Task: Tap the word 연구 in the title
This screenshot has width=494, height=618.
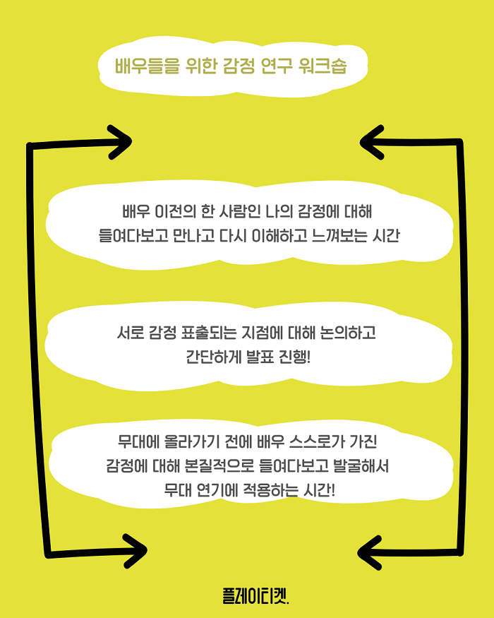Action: coord(276,66)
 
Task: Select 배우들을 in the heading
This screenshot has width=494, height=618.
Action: coord(147,66)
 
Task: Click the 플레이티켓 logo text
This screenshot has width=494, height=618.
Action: coord(255,595)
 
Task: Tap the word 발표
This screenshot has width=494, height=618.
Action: coord(260,357)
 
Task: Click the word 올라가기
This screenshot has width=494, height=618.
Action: coord(191,441)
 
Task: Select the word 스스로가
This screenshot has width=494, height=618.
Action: coord(317,441)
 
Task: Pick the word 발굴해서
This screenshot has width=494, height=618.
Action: coord(361,466)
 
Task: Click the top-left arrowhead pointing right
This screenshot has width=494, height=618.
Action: coord(120,142)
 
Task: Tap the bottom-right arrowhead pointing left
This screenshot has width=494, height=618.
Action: coord(370,552)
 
